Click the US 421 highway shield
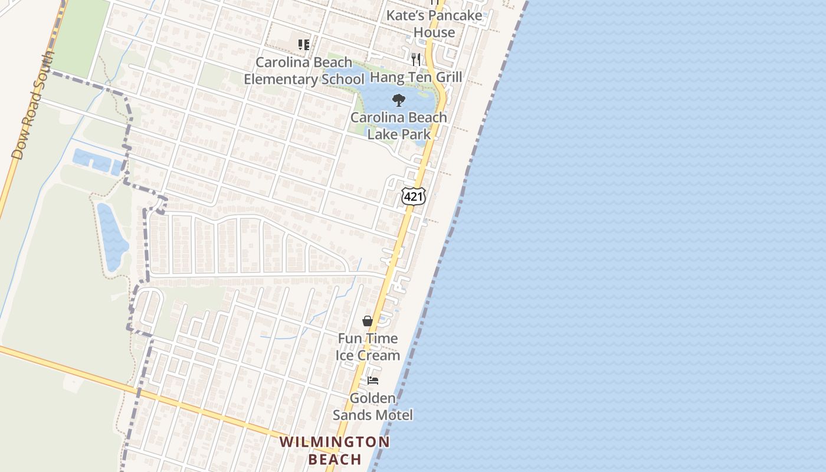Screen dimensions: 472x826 [413, 196]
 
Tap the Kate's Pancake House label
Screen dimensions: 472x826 [434, 24]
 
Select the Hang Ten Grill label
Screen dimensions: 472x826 [416, 77]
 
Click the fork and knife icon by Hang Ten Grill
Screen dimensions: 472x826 [416, 59]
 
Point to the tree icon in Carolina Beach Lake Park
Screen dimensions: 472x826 [399, 100]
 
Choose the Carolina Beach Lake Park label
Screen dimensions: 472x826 [399, 126]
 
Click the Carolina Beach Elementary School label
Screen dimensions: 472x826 [304, 71]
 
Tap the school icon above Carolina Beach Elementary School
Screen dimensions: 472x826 [304, 45]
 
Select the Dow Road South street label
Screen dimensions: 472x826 [33, 106]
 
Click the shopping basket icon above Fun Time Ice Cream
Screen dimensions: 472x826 [368, 321]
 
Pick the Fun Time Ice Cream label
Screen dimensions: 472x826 [368, 347]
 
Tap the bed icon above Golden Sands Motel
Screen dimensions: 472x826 [373, 381]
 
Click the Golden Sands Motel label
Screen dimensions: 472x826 [373, 407]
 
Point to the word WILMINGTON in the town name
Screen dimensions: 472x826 [335, 442]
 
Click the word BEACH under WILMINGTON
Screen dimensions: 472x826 [335, 459]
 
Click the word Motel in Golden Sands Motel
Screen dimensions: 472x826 [394, 415]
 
